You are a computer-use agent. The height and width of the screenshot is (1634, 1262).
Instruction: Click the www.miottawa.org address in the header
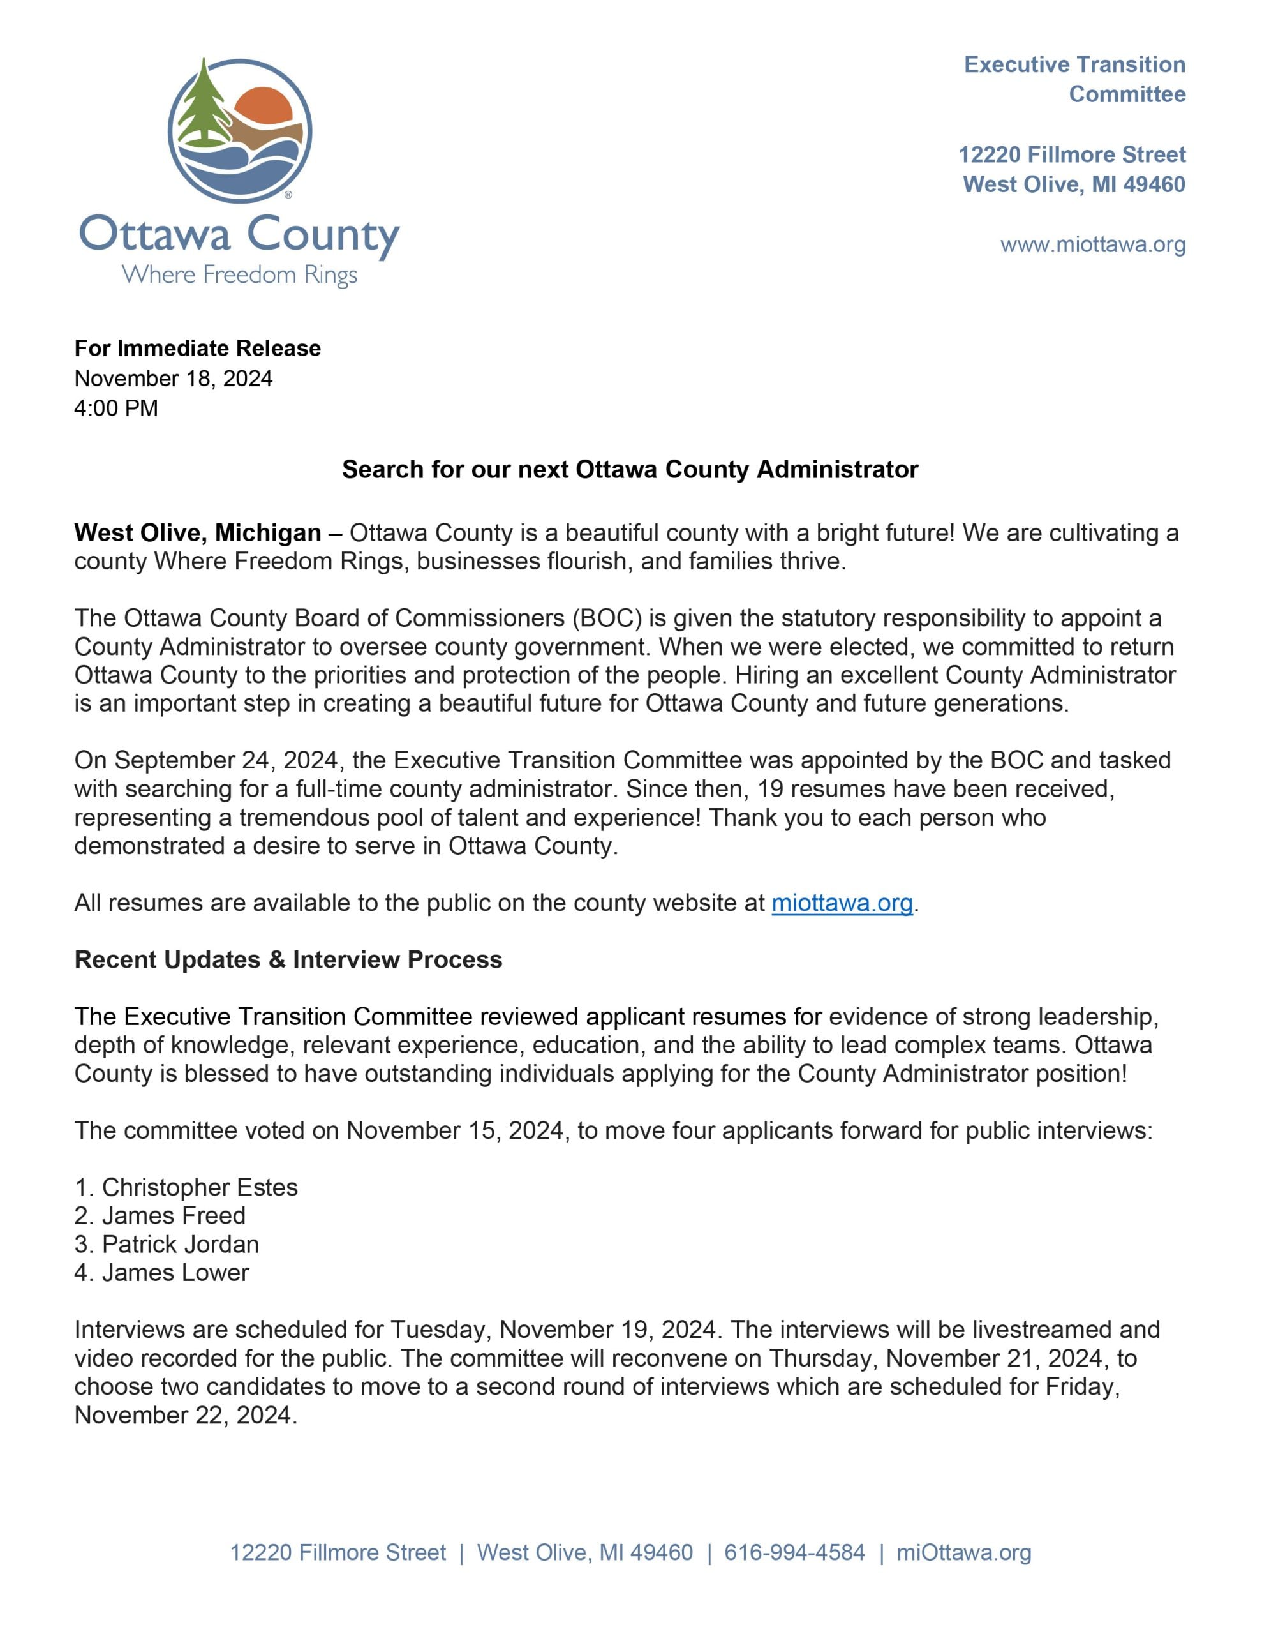pyautogui.click(x=1092, y=244)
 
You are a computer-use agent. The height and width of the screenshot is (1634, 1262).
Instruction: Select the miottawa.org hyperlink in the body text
pyautogui.click(x=842, y=903)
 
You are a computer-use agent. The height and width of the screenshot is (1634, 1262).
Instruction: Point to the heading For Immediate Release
pyautogui.click(x=198, y=348)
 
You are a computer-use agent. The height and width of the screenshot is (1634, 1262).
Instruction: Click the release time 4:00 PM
pyautogui.click(x=116, y=408)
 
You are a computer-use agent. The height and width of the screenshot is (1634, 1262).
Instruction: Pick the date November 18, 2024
pyautogui.click(x=173, y=378)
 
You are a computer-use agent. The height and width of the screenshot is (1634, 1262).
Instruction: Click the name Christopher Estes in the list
pyautogui.click(x=200, y=1187)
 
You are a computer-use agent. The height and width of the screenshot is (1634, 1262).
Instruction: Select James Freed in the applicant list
pyautogui.click(x=174, y=1216)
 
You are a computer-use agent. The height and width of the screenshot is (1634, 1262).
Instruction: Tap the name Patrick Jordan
pyautogui.click(x=181, y=1244)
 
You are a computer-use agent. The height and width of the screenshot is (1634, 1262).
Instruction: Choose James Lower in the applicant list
pyautogui.click(x=175, y=1273)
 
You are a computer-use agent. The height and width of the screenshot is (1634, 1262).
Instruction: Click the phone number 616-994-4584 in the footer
pyautogui.click(x=794, y=1552)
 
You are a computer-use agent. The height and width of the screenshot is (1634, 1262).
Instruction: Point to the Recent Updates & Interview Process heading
pyautogui.click(x=288, y=960)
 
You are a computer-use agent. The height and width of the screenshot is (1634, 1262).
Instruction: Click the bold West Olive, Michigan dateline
pyautogui.click(x=198, y=533)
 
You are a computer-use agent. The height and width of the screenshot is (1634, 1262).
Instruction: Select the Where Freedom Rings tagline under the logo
pyautogui.click(x=239, y=274)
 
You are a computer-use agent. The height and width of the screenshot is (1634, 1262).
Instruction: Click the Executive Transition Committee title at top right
pyautogui.click(x=1074, y=79)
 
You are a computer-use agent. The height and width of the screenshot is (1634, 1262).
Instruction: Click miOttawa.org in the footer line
pyautogui.click(x=963, y=1552)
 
